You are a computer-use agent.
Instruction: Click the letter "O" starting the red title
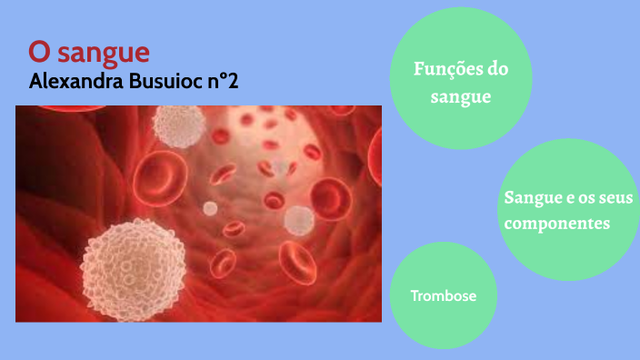37,51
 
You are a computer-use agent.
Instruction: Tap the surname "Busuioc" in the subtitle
168,81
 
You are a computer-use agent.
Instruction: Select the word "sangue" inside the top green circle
461,95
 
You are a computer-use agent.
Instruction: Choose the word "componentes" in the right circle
556,223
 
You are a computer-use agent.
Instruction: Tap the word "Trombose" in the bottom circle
443,295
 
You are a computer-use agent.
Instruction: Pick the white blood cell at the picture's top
178,125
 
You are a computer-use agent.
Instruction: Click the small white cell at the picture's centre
210,208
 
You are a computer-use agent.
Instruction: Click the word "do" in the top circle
496,70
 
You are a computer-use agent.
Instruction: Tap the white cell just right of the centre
298,219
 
